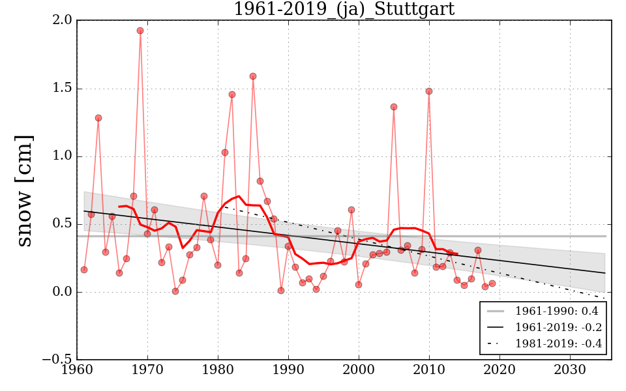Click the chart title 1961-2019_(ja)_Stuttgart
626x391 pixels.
point(344,9)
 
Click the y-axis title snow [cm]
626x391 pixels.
point(24,190)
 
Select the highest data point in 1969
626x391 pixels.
point(140,31)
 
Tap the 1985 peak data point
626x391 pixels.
point(253,76)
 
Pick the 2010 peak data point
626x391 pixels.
point(429,91)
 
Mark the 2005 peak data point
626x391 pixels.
point(394,107)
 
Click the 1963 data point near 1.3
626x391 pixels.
point(98,118)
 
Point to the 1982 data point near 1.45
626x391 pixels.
point(232,94)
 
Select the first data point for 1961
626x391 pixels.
point(84,270)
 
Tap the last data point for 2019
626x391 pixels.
point(492,283)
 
